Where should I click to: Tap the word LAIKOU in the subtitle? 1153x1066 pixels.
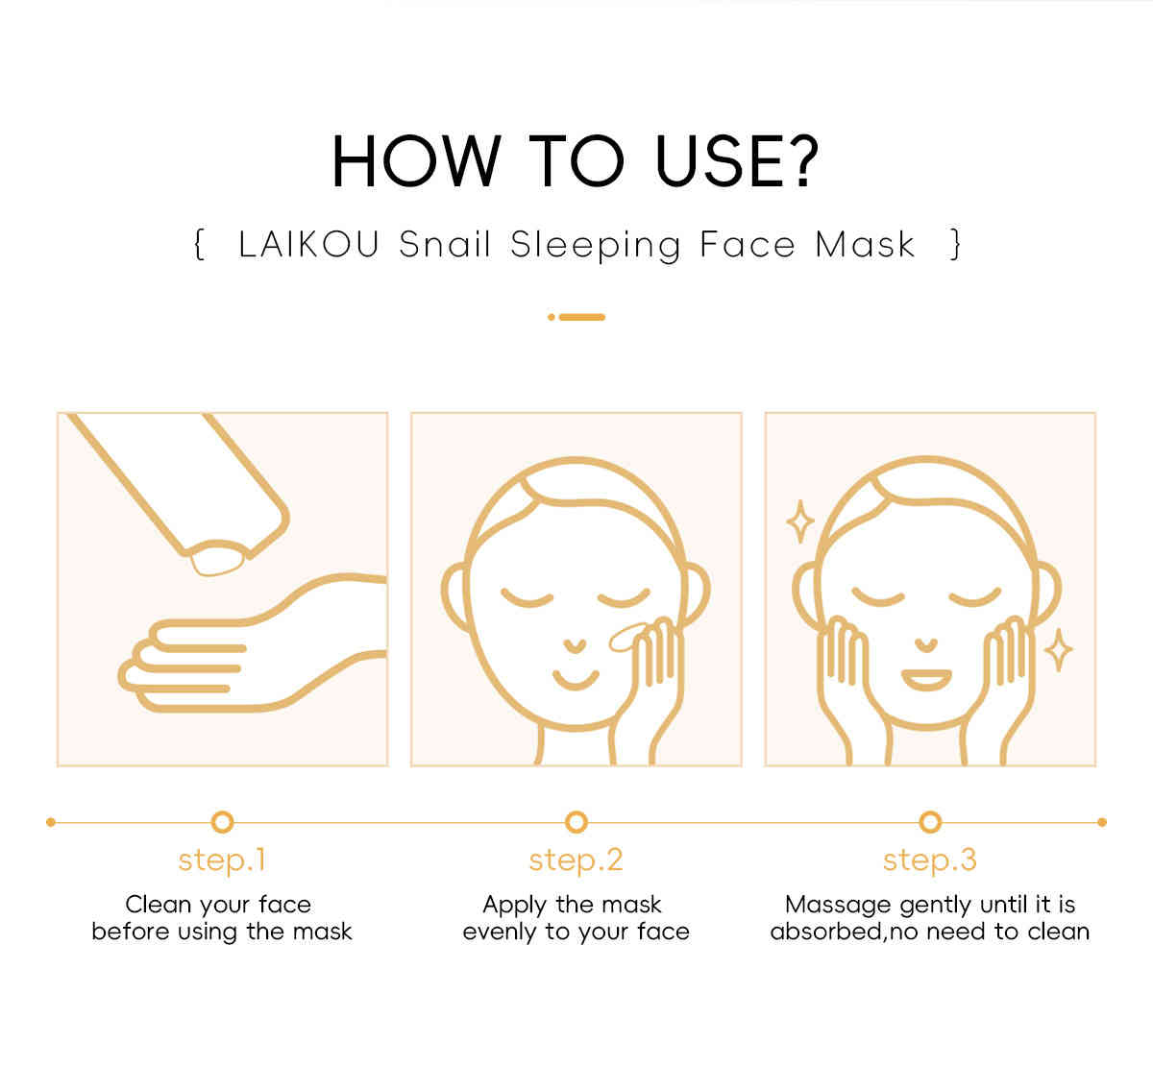[308, 244]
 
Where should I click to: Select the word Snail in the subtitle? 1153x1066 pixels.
[445, 244]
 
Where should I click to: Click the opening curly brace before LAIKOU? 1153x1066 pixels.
[200, 244]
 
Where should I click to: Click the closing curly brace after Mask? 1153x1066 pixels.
[955, 244]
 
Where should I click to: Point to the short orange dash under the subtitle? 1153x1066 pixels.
[581, 318]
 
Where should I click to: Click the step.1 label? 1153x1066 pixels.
[222, 860]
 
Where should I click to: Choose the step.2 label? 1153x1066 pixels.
[576, 860]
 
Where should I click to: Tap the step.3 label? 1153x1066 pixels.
[930, 860]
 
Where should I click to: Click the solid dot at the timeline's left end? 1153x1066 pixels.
[51, 822]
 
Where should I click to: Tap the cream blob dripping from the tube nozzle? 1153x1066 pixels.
[216, 559]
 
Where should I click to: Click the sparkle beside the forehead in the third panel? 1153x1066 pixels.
[800, 521]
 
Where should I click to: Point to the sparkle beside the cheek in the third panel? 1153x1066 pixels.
[1059, 650]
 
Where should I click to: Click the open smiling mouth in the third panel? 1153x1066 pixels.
[926, 680]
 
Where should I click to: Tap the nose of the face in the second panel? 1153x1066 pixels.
[575, 646]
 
